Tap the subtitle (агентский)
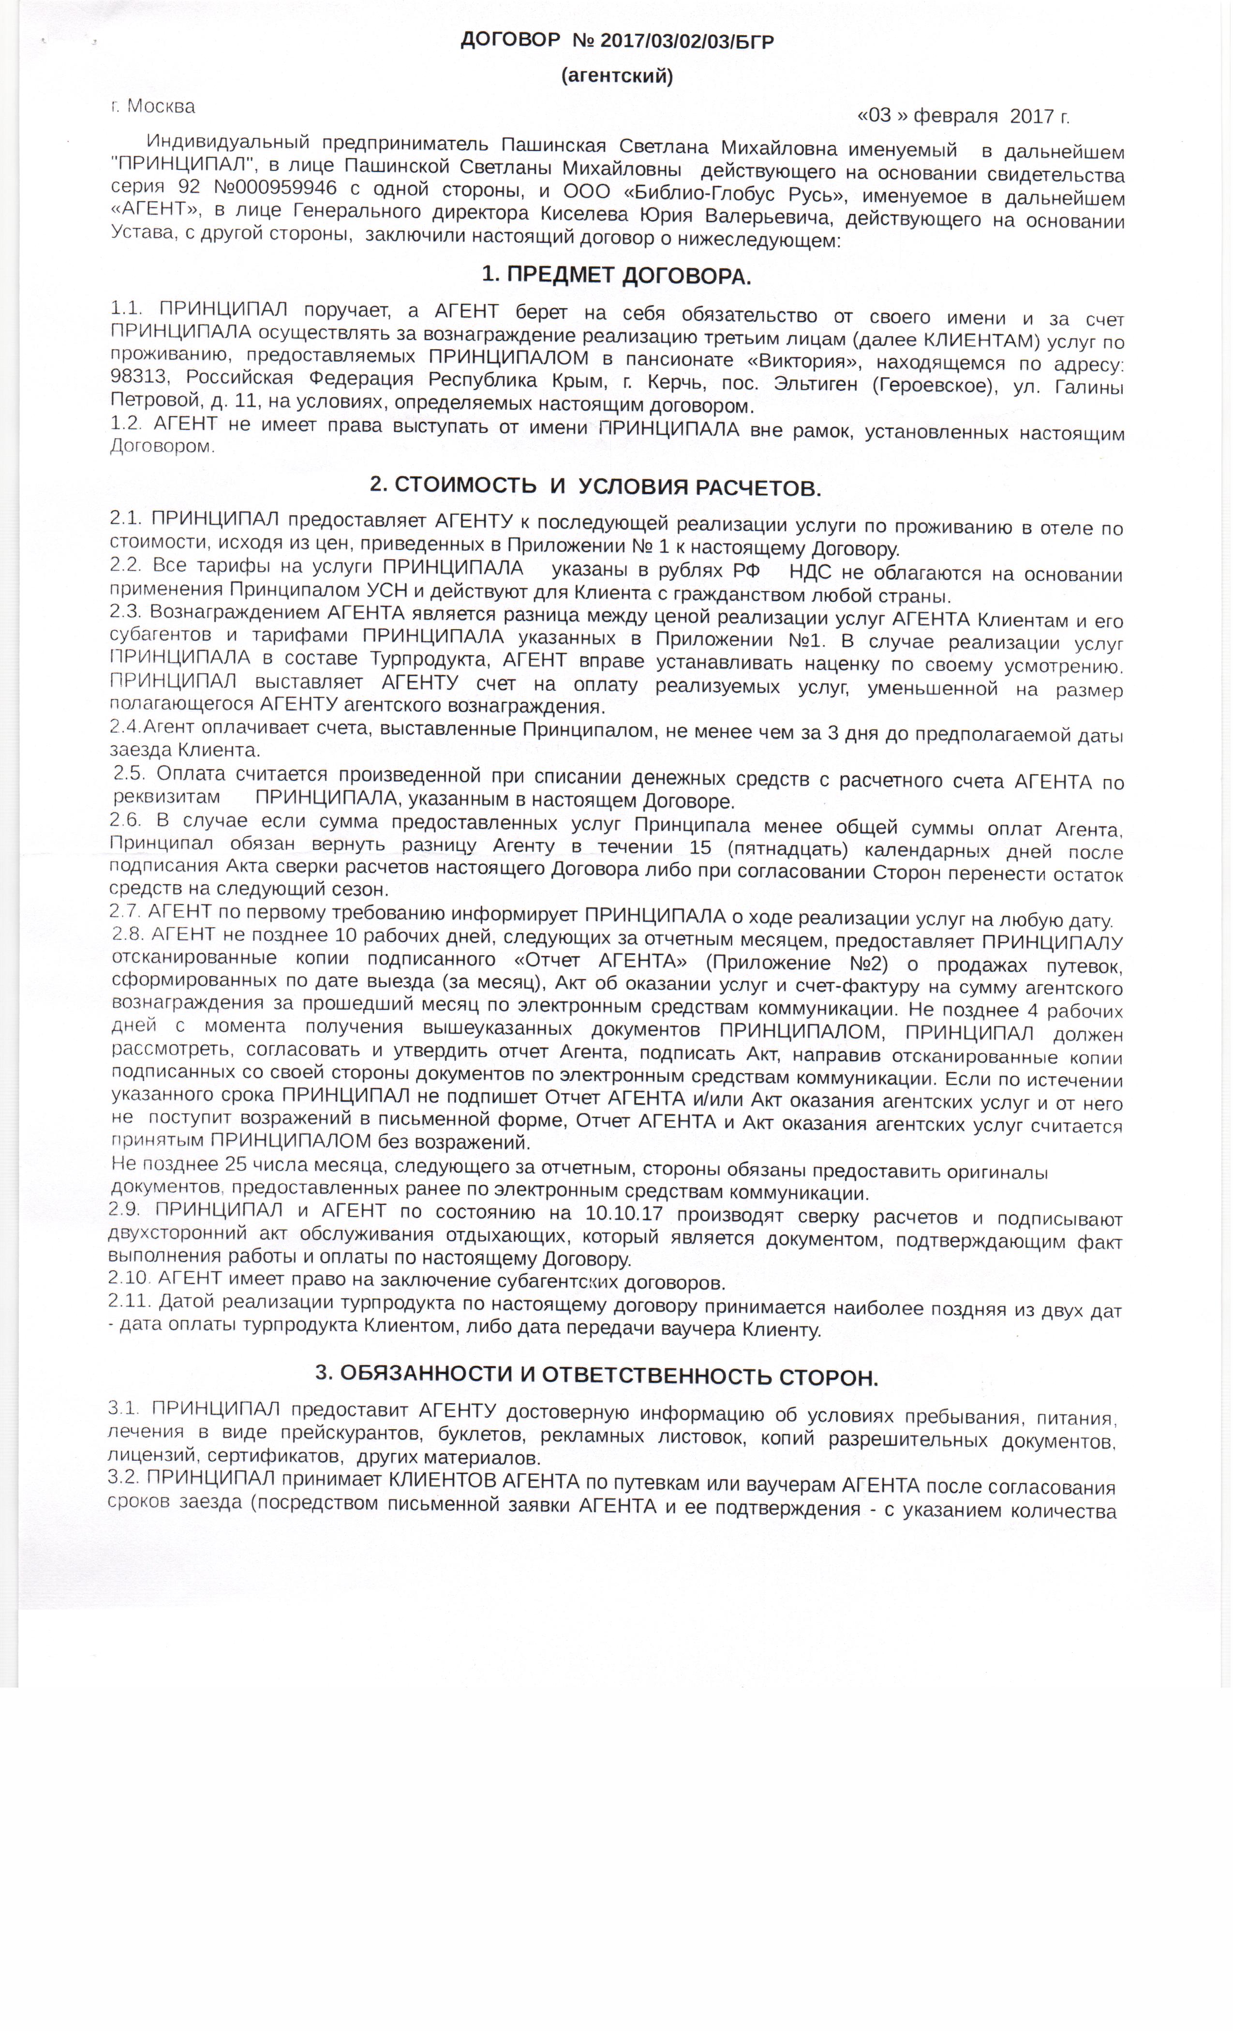pos(616,76)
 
